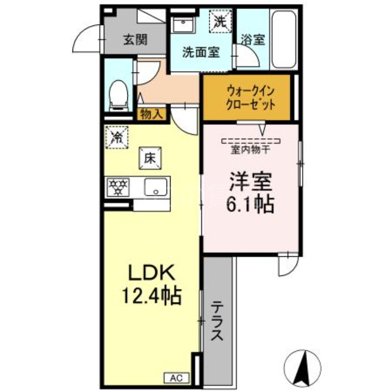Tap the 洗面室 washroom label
(x=201, y=53)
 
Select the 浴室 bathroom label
(x=253, y=40)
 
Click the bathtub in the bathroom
(x=284, y=40)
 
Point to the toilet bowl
(x=118, y=93)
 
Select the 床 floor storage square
(x=150, y=158)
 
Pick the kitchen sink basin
(x=156, y=187)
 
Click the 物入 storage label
(x=151, y=114)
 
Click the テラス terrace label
(x=218, y=321)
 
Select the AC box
(x=176, y=377)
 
